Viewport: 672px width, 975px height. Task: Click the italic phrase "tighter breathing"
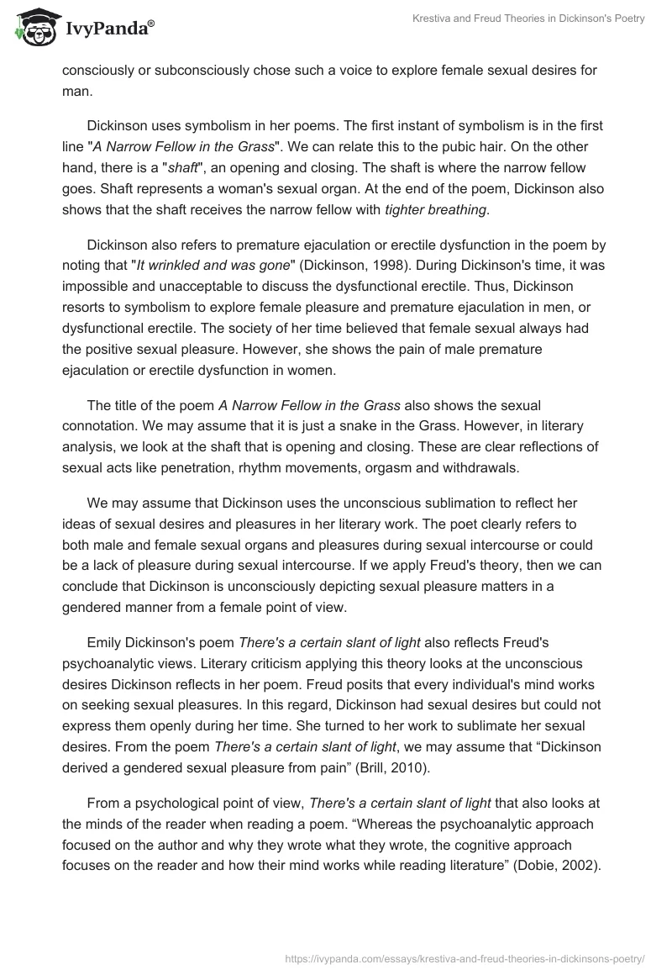[x=435, y=209]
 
